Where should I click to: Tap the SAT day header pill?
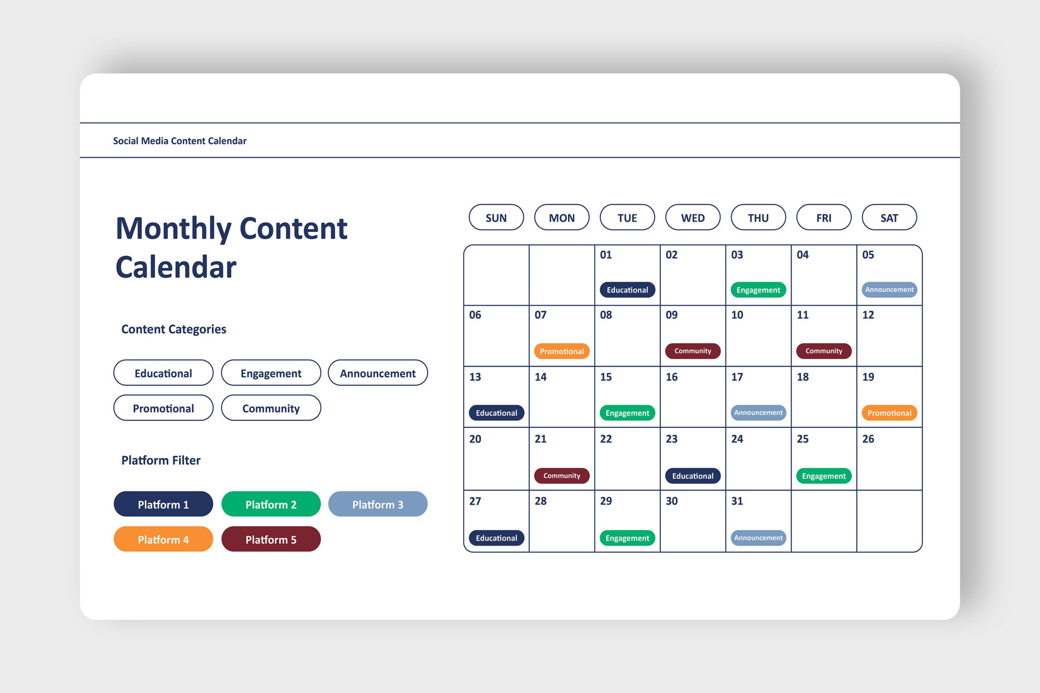click(x=889, y=217)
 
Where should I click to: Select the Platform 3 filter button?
click(x=378, y=504)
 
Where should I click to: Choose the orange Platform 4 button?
click(x=163, y=539)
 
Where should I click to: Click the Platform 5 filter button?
click(x=271, y=539)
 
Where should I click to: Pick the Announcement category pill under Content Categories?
click(x=378, y=373)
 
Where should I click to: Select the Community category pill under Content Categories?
click(x=271, y=408)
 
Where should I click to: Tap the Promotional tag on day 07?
click(x=561, y=351)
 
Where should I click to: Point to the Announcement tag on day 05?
click(x=889, y=289)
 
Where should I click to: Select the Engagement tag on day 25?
click(x=823, y=475)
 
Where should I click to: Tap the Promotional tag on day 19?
click(x=889, y=412)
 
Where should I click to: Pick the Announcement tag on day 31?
click(x=758, y=538)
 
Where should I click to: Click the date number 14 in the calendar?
click(x=540, y=377)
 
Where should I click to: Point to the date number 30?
click(x=671, y=501)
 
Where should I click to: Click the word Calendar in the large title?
click(x=176, y=267)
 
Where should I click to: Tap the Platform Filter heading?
click(x=161, y=460)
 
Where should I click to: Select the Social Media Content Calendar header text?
click(x=180, y=140)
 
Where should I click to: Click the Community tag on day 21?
click(x=561, y=475)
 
